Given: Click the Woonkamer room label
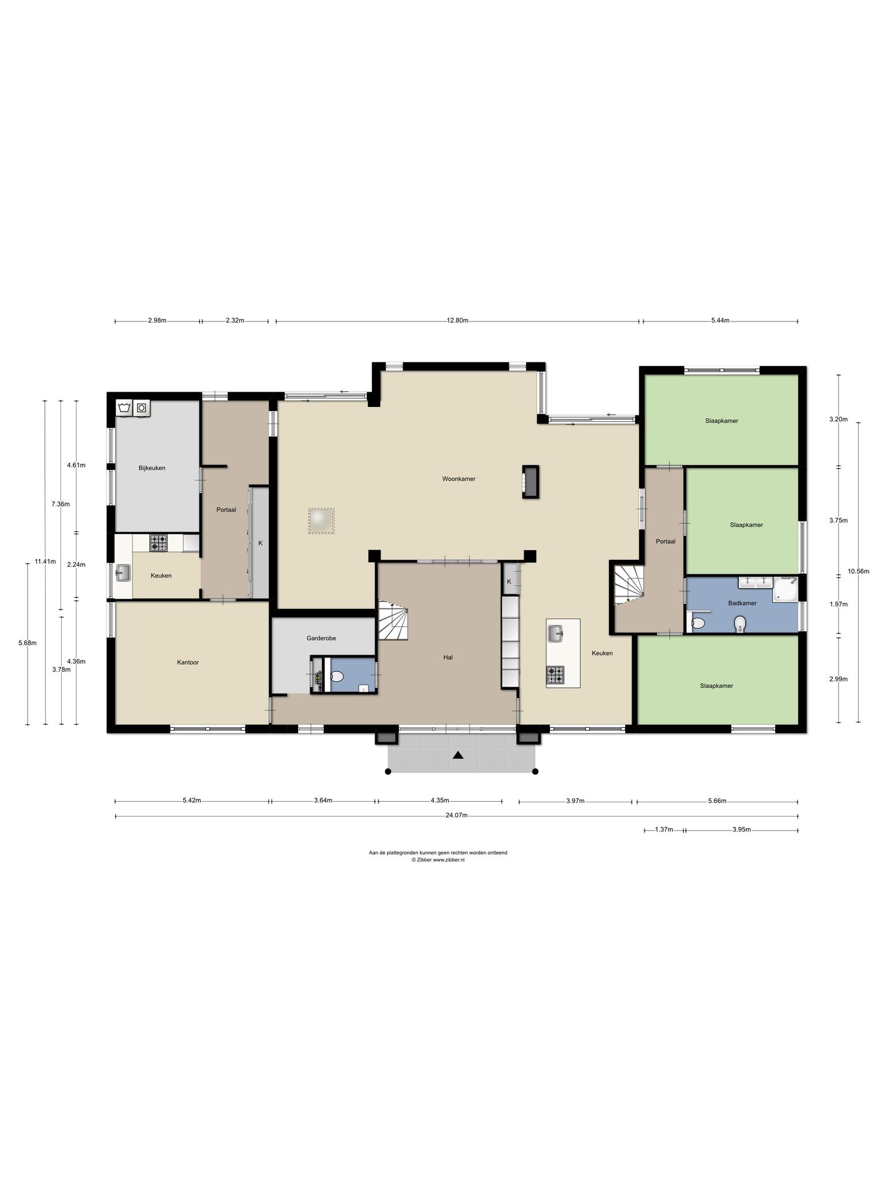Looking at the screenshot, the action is click(459, 478).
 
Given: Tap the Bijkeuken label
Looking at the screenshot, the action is click(152, 468).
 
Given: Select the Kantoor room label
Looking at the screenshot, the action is click(188, 663).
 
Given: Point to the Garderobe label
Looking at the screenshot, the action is click(321, 638).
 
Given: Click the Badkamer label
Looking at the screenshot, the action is click(742, 603).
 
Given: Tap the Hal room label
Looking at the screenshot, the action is click(448, 657).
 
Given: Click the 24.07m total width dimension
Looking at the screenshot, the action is click(456, 816).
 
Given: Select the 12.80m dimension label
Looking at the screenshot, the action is click(457, 321).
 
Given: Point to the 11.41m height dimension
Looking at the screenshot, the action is click(45, 561).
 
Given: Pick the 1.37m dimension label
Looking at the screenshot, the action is click(664, 829).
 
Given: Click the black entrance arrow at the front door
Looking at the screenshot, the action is click(458, 755).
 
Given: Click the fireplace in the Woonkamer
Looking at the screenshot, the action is click(530, 481).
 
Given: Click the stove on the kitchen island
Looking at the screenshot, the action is click(555, 674).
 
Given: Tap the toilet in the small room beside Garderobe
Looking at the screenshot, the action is click(337, 676).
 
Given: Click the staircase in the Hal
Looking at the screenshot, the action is click(393, 619).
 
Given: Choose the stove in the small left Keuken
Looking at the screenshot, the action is click(159, 543).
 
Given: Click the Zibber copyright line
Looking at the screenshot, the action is click(438, 859).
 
